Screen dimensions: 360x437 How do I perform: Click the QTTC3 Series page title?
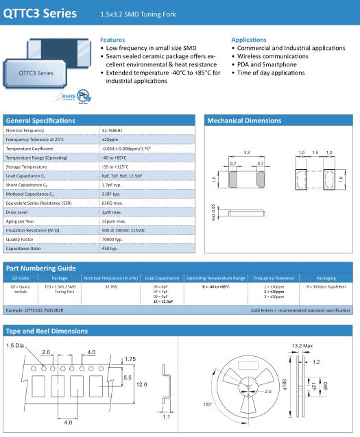point(40,14)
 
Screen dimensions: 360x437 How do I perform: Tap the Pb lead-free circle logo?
point(83,96)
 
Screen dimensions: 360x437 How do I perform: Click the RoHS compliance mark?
point(68,97)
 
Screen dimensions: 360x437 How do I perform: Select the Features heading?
point(112,40)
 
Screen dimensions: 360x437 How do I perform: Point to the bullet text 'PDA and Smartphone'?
point(267,64)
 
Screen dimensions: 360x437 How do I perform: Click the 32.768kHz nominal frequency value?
point(112,130)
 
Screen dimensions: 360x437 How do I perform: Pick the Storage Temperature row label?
point(26,166)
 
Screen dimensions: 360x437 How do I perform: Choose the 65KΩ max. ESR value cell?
point(112,203)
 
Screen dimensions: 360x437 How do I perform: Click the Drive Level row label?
point(16,212)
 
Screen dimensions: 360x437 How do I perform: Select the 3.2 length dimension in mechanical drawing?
point(247,153)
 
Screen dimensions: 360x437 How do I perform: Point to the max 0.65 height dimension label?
point(213,212)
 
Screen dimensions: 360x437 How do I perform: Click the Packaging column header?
point(326,278)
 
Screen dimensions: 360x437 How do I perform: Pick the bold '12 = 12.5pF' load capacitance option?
point(163,301)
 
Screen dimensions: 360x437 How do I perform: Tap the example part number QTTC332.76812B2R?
point(34,310)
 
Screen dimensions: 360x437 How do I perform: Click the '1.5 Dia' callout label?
point(15,346)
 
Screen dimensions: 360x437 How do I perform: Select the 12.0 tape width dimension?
point(141,385)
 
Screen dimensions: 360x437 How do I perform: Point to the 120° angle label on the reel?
point(207,404)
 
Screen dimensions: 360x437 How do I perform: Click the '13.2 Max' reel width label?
point(302,346)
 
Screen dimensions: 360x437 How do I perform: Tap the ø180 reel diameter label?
point(285,384)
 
